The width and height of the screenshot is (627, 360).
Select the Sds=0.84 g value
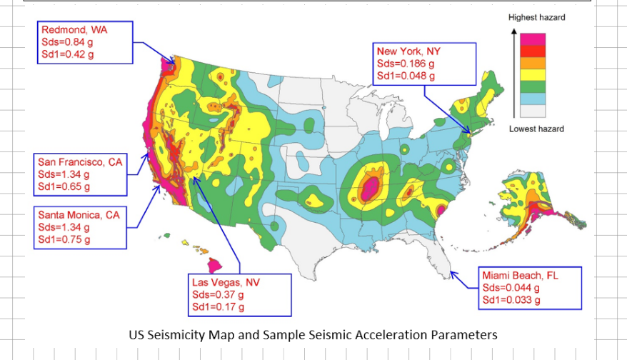69,42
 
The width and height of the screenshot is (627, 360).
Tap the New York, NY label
408,51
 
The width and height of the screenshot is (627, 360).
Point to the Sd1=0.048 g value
406,75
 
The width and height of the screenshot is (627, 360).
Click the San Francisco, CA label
80,162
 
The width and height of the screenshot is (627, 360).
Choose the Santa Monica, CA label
79,214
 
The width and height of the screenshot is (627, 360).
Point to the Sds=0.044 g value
511,288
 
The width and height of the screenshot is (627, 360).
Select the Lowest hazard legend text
536,129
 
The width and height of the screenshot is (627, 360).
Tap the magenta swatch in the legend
533,39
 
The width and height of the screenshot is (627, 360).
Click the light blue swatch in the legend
533,99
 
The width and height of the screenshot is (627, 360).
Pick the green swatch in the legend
533,86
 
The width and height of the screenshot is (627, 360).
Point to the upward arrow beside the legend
513,71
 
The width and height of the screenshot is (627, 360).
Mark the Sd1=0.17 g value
218,307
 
